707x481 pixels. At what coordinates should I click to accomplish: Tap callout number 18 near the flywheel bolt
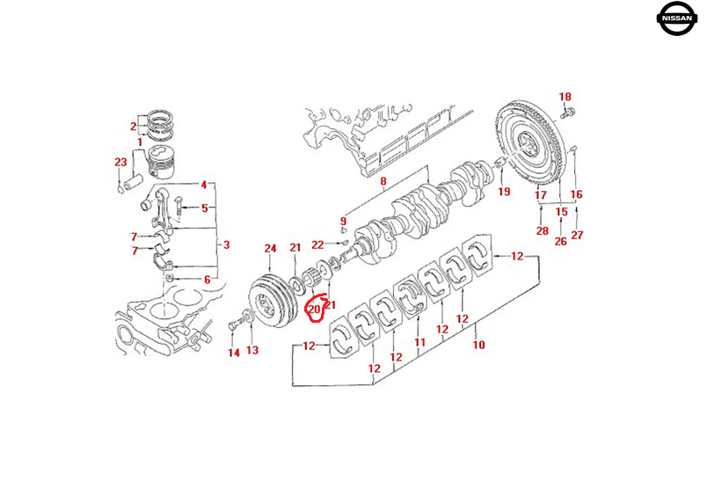tap(565, 97)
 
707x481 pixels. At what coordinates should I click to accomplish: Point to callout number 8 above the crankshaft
tap(383, 182)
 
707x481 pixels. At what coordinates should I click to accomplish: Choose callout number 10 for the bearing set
tap(478, 346)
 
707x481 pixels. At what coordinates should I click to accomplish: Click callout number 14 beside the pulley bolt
tap(233, 353)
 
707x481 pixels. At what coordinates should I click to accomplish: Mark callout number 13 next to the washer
tap(252, 351)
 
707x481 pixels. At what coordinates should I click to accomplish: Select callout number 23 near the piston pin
tap(120, 162)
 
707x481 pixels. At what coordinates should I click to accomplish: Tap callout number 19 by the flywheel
tap(504, 191)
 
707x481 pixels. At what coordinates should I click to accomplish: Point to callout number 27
tap(577, 235)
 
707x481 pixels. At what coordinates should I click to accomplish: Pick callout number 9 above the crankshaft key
tap(345, 221)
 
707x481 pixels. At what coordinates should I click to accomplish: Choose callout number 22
tap(318, 244)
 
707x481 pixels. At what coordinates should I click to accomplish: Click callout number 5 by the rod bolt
tap(205, 208)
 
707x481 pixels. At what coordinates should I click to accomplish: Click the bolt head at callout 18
tap(567, 112)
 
